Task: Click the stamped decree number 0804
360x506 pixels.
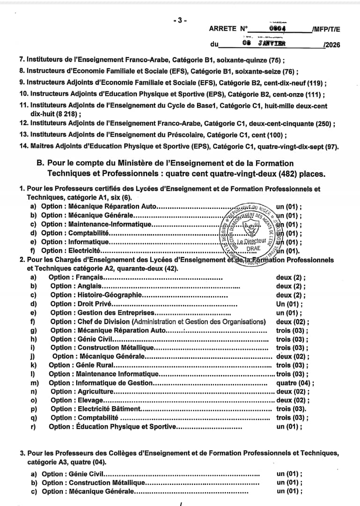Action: coord(278,28)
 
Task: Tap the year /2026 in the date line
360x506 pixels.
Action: coord(331,45)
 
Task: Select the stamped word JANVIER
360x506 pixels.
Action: coord(271,44)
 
